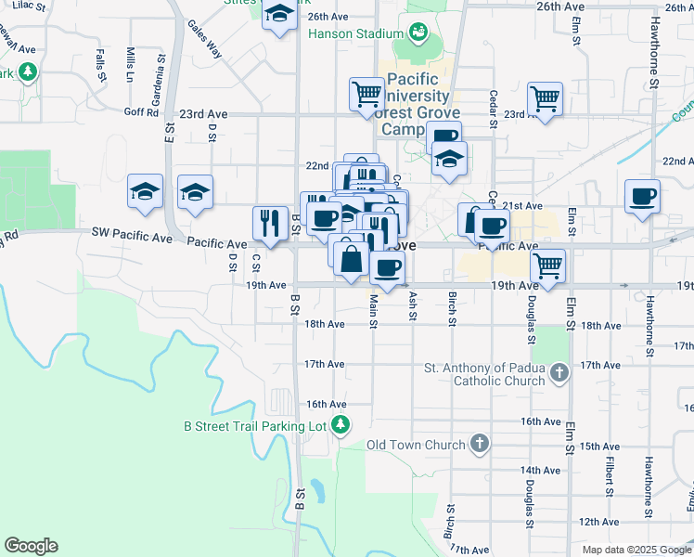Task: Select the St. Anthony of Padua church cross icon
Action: tap(558, 372)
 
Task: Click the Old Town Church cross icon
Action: tap(479, 445)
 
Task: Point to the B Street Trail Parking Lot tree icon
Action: tap(341, 426)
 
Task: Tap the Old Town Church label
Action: tap(417, 445)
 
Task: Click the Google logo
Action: tap(31, 546)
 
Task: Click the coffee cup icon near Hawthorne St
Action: tap(642, 196)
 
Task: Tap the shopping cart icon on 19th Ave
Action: tap(548, 265)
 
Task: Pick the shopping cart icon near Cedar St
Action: tap(545, 97)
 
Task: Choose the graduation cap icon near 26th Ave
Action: tap(278, 15)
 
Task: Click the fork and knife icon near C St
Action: tap(270, 222)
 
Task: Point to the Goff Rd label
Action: tap(141, 113)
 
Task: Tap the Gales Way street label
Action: tap(204, 39)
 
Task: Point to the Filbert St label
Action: tap(610, 473)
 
